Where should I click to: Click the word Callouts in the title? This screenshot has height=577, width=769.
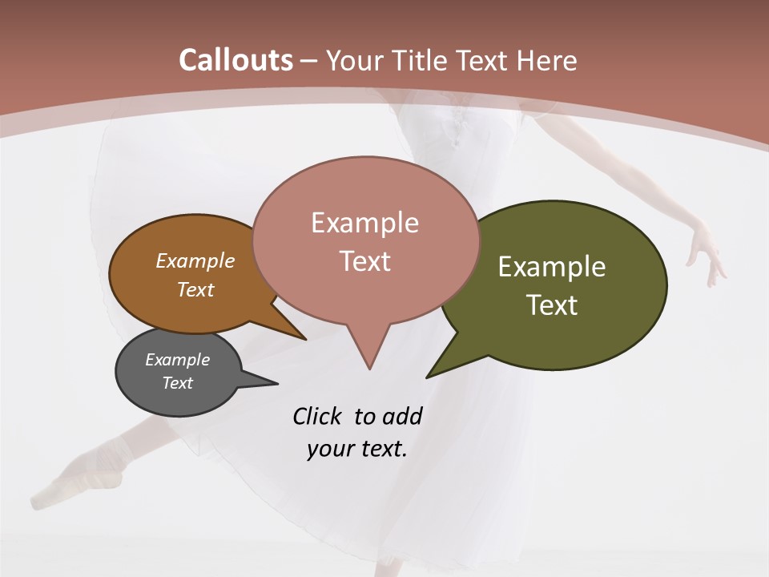click(x=236, y=60)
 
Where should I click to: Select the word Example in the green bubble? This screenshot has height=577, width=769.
click(x=552, y=267)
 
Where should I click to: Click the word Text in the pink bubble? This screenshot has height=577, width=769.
click(x=365, y=261)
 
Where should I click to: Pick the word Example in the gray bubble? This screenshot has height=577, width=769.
click(x=177, y=360)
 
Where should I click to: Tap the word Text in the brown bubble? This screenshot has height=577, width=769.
click(x=195, y=289)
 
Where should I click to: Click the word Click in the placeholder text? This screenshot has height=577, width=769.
click(x=318, y=416)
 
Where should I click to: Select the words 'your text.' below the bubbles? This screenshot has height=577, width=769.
click(x=357, y=448)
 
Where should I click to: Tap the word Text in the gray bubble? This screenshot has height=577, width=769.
click(x=178, y=383)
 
